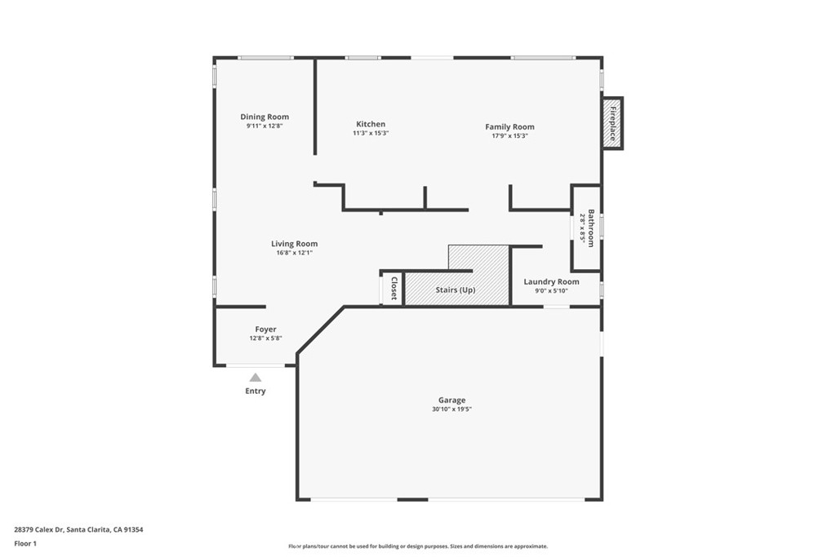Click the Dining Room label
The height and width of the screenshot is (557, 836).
click(265, 117)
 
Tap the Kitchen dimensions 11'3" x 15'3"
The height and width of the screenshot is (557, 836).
click(371, 133)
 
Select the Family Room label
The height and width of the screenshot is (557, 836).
click(509, 126)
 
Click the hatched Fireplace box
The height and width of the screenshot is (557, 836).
click(612, 123)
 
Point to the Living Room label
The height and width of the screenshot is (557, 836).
click(294, 244)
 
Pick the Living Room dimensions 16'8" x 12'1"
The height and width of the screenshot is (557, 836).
click(294, 253)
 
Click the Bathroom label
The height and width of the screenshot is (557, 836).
click(591, 228)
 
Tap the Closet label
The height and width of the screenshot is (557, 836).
click(394, 289)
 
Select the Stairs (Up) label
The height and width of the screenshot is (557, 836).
click(456, 290)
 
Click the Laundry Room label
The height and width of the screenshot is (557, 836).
click(551, 281)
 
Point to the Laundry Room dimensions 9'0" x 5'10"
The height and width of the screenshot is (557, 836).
click(551, 291)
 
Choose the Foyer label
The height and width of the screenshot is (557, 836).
click(265, 329)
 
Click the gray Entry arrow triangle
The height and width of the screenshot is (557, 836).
click(256, 378)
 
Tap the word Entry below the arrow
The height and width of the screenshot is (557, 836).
click(256, 391)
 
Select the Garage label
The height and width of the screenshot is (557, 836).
click(452, 400)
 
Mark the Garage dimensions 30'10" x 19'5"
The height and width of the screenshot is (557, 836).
click(452, 409)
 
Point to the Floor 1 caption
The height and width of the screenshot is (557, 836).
click(25, 544)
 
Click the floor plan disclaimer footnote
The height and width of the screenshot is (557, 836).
click(418, 546)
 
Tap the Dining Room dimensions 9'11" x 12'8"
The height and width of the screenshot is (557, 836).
click(265, 126)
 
